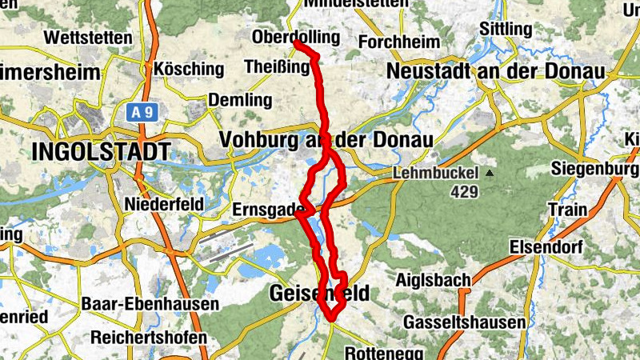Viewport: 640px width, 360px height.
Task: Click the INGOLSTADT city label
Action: [x=101, y=151]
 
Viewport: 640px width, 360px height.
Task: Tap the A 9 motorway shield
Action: [x=142, y=113]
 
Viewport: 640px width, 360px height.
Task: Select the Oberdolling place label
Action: [x=295, y=38]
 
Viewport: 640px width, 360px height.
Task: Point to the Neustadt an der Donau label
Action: [x=494, y=70]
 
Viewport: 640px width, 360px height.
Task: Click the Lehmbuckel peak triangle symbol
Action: [x=489, y=173]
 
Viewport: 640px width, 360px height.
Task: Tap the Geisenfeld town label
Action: [x=319, y=294]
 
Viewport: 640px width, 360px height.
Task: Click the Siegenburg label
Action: [x=595, y=169]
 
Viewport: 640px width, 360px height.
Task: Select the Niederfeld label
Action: [x=163, y=204]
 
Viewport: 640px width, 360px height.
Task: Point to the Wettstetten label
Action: [x=88, y=38]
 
